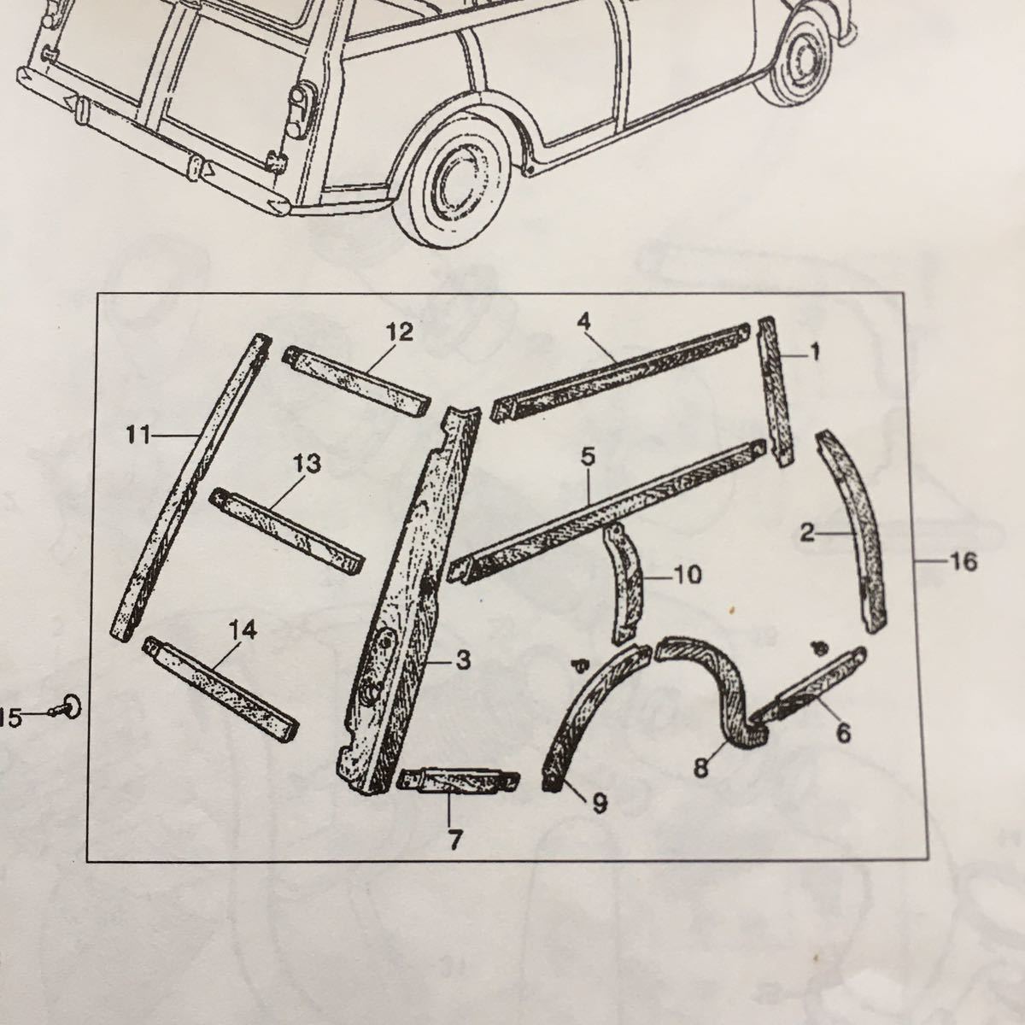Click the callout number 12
point(400,332)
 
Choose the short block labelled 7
point(459,781)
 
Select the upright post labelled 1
point(776,391)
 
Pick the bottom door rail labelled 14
point(220,689)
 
